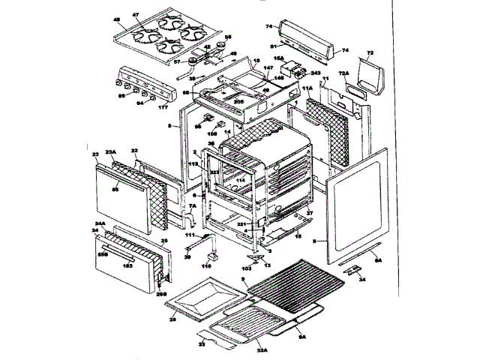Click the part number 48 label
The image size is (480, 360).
[x=117, y=19]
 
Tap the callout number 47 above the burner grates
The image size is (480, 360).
[x=136, y=15]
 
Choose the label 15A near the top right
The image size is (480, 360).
[x=278, y=58]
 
